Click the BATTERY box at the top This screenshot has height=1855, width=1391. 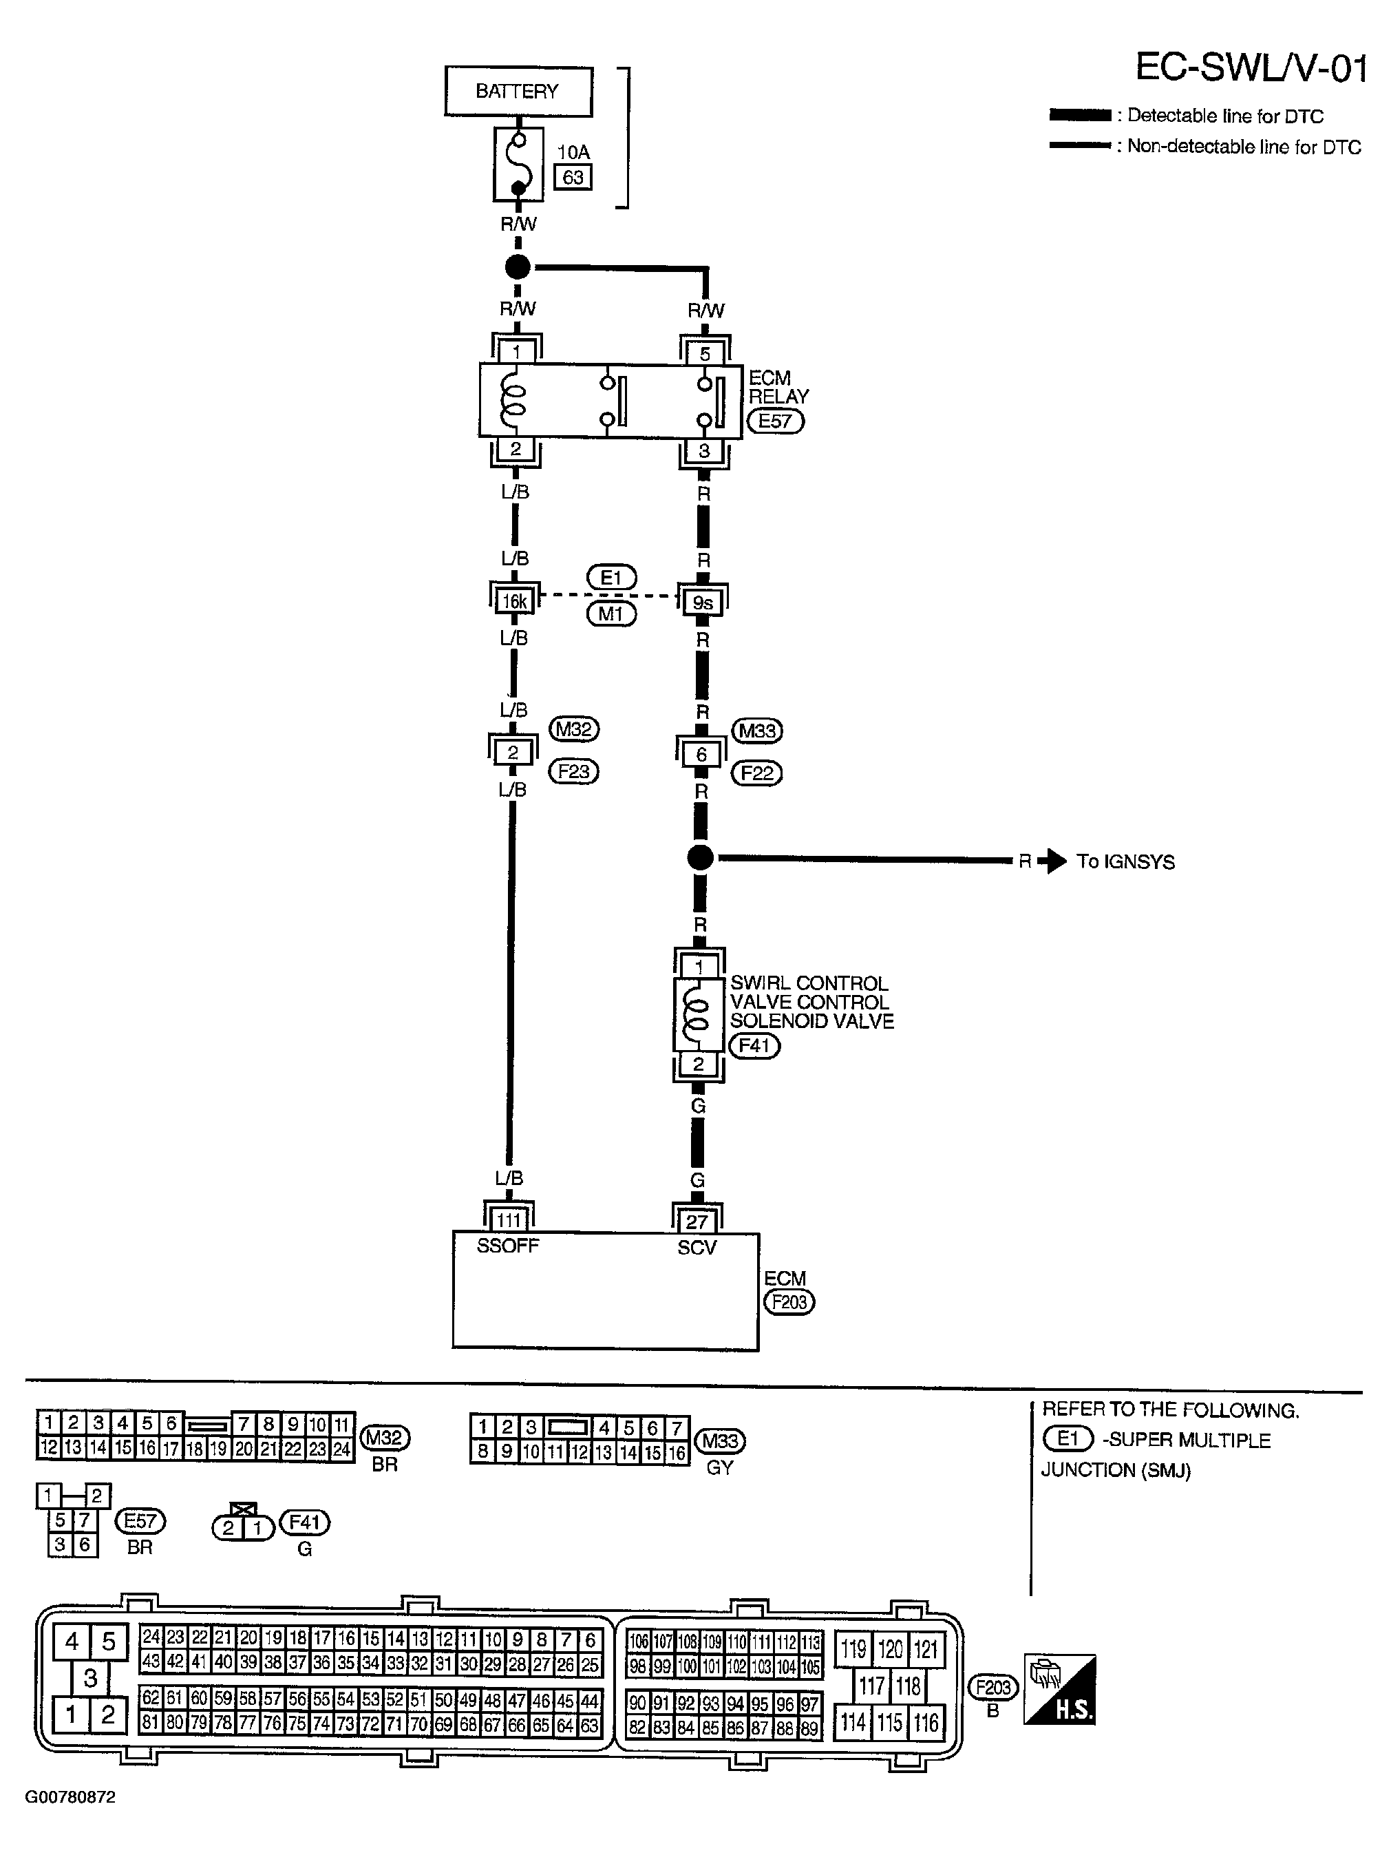(x=518, y=92)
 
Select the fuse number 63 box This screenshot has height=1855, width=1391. (x=573, y=178)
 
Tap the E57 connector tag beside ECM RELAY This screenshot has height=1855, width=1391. (x=776, y=420)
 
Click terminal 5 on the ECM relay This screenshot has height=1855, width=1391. (x=704, y=353)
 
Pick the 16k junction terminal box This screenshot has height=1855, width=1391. (x=514, y=601)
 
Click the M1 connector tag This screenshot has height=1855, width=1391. (x=611, y=615)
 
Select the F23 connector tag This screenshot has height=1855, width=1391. (x=573, y=771)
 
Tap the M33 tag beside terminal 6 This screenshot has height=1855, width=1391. (x=757, y=731)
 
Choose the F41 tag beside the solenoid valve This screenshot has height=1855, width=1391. (x=754, y=1046)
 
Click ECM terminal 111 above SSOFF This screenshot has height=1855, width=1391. (x=509, y=1220)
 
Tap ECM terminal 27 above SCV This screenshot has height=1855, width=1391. (x=697, y=1222)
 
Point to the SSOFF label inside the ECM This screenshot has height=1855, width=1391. (x=507, y=1246)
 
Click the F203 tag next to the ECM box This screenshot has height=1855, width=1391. (x=789, y=1301)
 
